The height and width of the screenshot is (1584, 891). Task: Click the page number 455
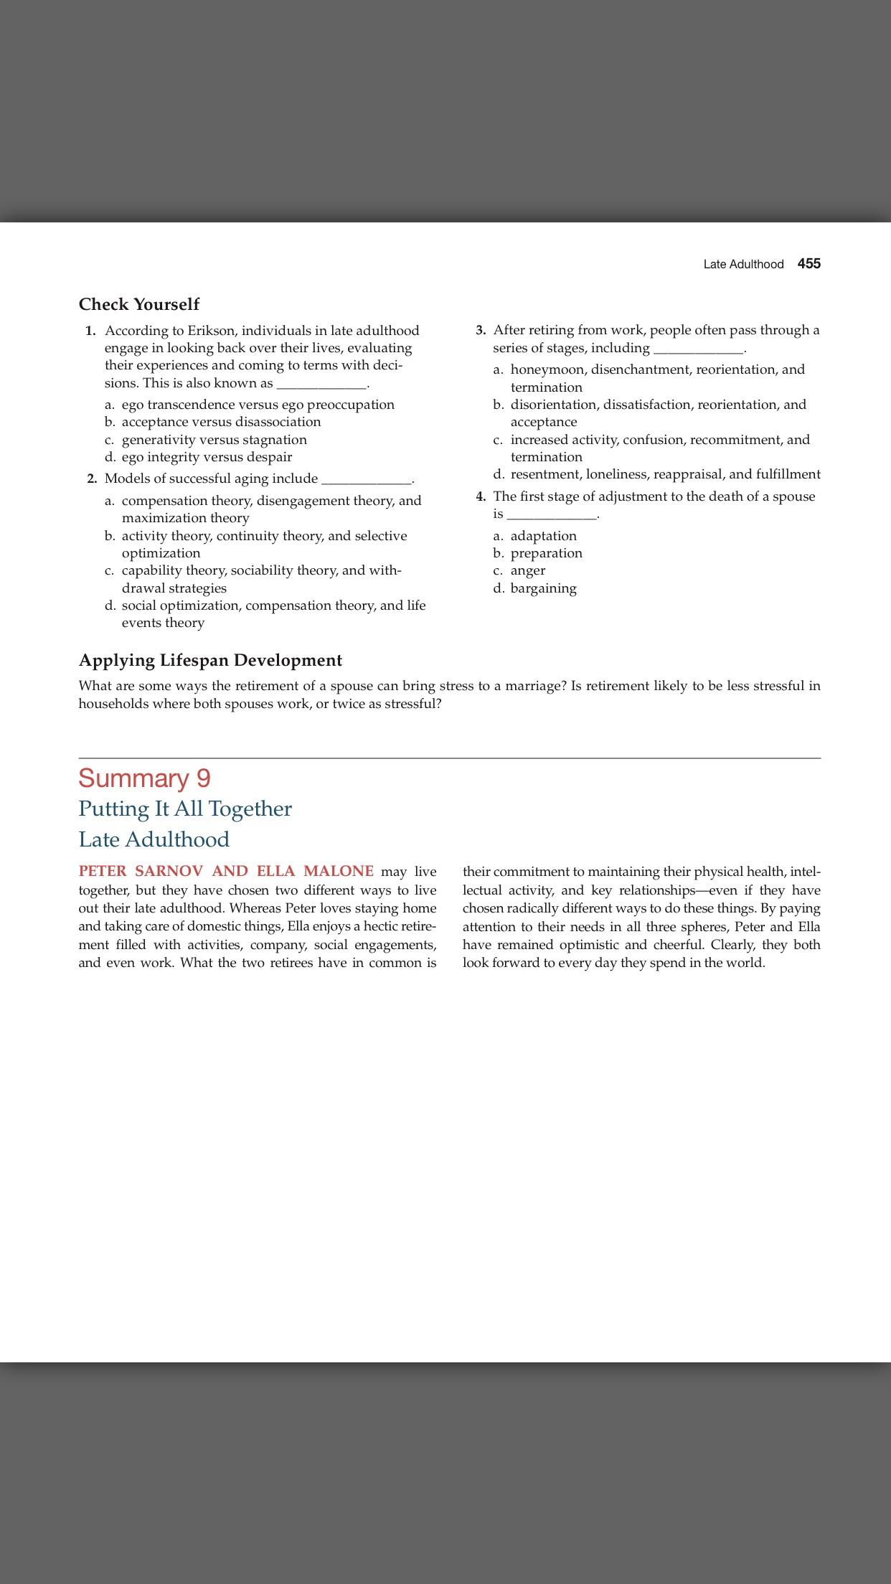pos(808,264)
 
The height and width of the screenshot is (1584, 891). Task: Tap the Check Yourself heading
pos(139,304)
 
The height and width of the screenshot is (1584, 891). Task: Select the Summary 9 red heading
pos(144,778)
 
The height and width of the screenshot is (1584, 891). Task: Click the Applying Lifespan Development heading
pos(210,660)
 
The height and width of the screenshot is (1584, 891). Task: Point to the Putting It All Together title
pos(185,809)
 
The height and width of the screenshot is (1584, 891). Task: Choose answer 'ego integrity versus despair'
pos(207,457)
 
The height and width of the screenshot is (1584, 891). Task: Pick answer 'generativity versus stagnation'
pos(214,440)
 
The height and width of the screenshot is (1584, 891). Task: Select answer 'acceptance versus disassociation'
pos(221,422)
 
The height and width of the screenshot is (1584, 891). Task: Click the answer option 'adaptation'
pos(543,536)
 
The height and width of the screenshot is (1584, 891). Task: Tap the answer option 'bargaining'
pos(543,588)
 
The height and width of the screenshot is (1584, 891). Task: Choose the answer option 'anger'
pos(527,570)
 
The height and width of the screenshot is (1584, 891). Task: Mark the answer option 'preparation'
pos(546,553)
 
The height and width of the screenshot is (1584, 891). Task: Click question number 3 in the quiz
pos(481,331)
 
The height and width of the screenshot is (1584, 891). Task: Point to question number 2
pos(92,479)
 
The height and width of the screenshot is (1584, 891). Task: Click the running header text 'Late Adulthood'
pos(743,265)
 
